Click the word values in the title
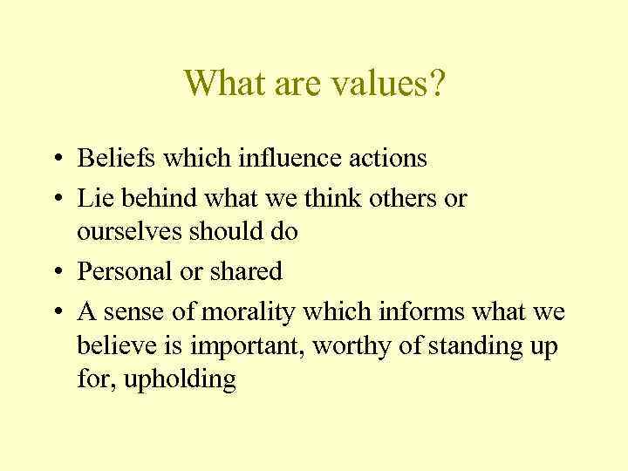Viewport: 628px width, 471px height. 376,83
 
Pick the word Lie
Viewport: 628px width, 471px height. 94,198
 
